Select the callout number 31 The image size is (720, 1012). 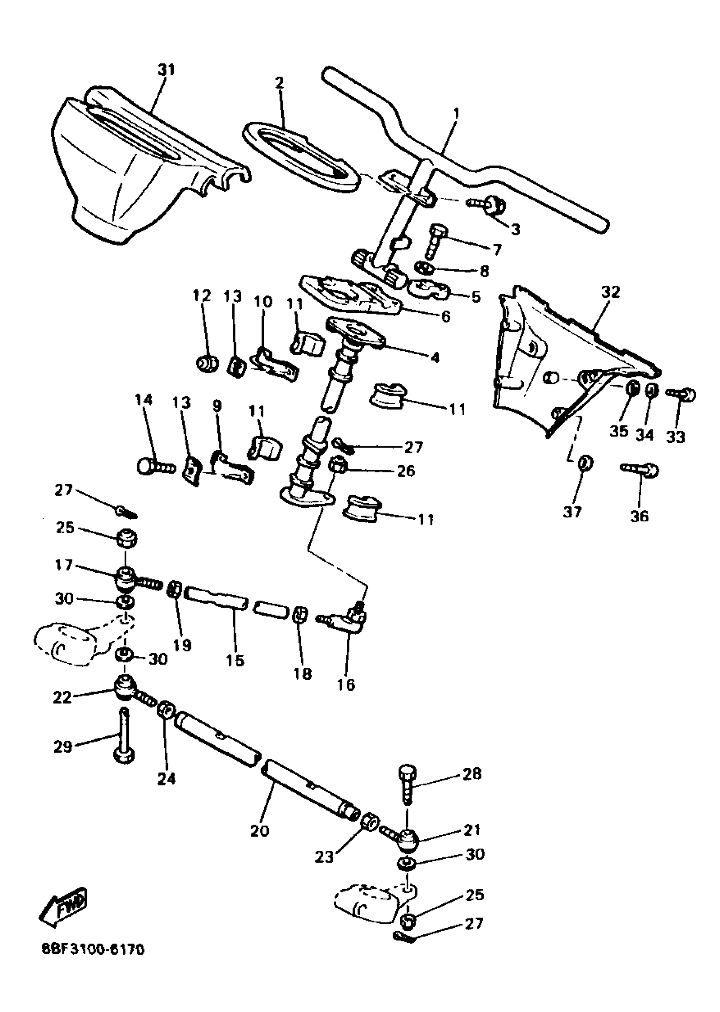166,69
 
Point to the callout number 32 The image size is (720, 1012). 610,292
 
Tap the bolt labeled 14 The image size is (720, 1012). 155,466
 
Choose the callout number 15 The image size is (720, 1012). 235,673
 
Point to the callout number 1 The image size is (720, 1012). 457,113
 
